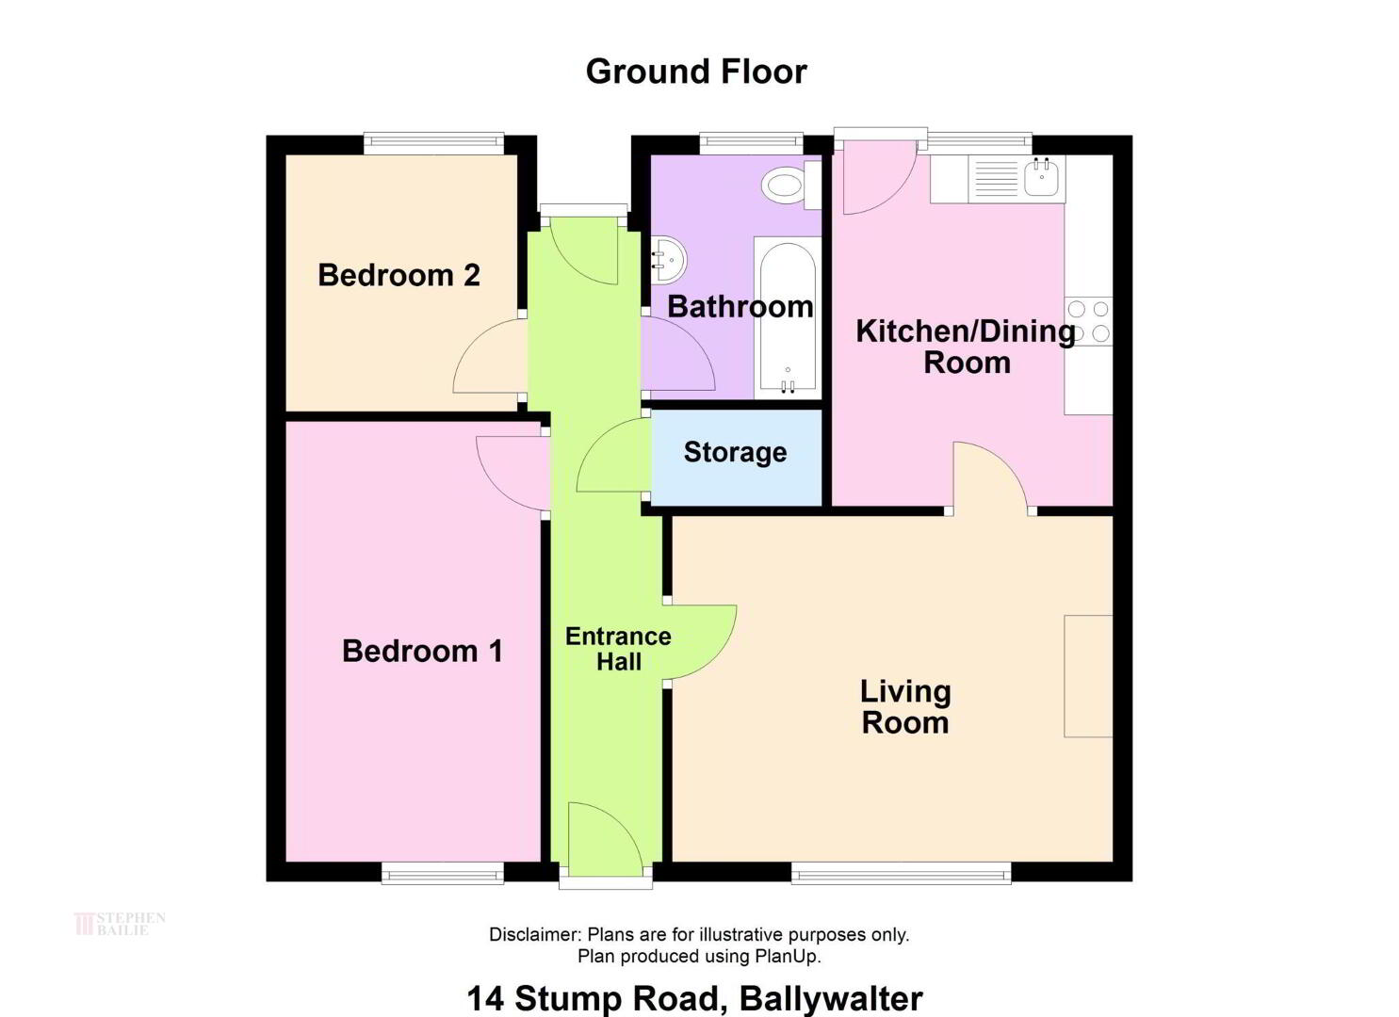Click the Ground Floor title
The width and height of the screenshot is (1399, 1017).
pyautogui.click(x=696, y=72)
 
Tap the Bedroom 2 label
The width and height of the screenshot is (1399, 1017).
pyautogui.click(x=399, y=275)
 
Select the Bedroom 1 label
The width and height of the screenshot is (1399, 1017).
pyautogui.click(x=422, y=651)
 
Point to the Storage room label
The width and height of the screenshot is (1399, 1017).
pyautogui.click(x=735, y=453)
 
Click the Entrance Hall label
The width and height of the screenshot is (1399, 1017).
pyautogui.click(x=618, y=649)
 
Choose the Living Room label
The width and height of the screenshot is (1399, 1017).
pyautogui.click(x=905, y=706)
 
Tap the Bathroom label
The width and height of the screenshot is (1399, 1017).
pyautogui.click(x=740, y=307)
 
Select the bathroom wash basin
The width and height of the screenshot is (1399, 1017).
pyautogui.click(x=669, y=260)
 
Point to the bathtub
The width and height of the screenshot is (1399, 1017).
pyautogui.click(x=788, y=318)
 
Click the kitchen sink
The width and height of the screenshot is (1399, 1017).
pyautogui.click(x=1041, y=177)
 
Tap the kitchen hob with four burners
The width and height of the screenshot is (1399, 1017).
pyautogui.click(x=1089, y=321)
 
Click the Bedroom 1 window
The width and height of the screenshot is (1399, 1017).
pyautogui.click(x=443, y=873)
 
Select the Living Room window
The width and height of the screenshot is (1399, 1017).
pyautogui.click(x=902, y=873)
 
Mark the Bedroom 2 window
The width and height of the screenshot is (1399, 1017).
pyautogui.click(x=434, y=143)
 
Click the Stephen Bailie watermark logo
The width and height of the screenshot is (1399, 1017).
pyautogui.click(x=120, y=924)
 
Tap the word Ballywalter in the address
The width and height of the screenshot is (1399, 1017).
pyautogui.click(x=831, y=999)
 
